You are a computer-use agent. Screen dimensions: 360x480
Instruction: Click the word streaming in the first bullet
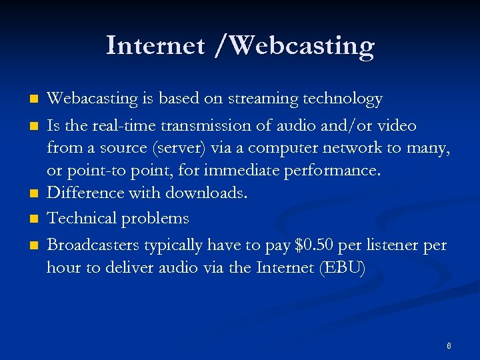(x=263, y=99)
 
